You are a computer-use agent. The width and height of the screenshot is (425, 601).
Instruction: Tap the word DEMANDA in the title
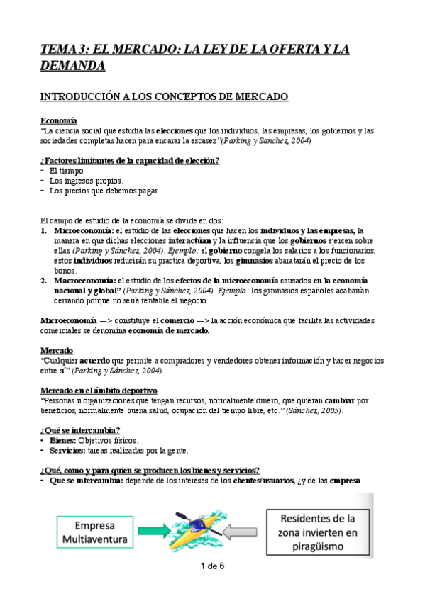pyautogui.click(x=73, y=66)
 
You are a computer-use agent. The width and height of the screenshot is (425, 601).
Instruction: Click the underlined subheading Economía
pyautogui.click(x=60, y=121)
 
